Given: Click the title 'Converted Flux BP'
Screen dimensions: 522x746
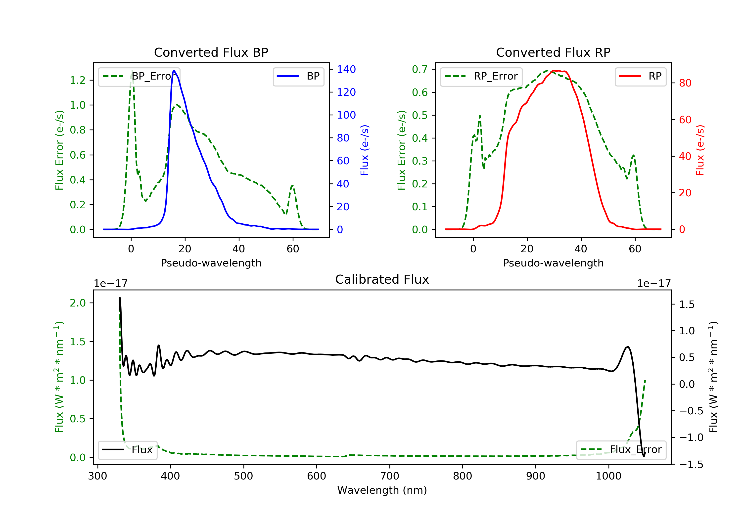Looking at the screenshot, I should pos(211,52).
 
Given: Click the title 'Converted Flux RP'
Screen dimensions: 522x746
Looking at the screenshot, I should pos(553,52).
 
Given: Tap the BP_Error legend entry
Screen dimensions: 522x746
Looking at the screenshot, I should pos(139,76).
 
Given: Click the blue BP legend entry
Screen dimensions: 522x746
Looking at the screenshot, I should pos(298,76).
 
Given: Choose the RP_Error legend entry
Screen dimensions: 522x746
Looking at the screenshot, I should pos(481,76).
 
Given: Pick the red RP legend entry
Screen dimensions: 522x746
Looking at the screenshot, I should pos(640,76).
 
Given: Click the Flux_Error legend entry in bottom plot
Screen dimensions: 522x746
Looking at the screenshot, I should pos(621,450).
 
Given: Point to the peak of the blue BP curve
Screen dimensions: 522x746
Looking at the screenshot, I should pos(174,71).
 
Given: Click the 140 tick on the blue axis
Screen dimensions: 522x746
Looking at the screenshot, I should pos(346,69).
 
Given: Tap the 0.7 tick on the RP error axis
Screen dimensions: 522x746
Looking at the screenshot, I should pos(420,69).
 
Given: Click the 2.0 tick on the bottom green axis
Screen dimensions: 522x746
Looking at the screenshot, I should pos(78,303).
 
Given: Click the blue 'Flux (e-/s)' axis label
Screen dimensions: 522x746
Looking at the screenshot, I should pos(365,150).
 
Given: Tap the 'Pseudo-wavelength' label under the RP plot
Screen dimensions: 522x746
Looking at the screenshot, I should pos(553,263).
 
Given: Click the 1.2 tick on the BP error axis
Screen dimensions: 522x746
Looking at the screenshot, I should pos(78,80).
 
